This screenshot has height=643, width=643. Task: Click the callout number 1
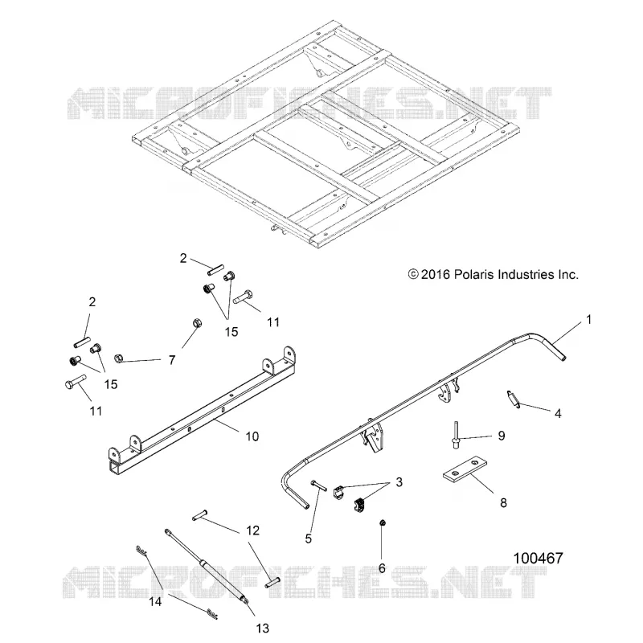click(x=589, y=319)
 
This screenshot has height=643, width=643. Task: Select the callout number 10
click(x=252, y=436)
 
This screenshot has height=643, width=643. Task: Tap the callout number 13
click(x=263, y=629)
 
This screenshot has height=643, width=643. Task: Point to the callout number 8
click(x=504, y=503)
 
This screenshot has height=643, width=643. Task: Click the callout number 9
click(x=502, y=436)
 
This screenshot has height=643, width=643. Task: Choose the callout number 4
click(x=558, y=413)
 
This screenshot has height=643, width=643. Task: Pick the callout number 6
click(x=382, y=568)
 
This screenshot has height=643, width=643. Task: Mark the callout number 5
click(x=309, y=539)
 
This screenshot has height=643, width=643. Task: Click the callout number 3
click(x=399, y=481)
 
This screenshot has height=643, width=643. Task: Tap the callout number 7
click(x=172, y=360)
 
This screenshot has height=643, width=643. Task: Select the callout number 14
click(x=155, y=601)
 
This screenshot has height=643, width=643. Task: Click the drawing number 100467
click(x=538, y=558)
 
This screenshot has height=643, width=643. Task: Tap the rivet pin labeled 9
click(x=456, y=435)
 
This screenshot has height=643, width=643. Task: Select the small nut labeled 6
click(x=383, y=523)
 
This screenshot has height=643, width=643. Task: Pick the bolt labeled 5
click(x=319, y=485)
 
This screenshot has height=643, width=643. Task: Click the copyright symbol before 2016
click(x=413, y=274)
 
